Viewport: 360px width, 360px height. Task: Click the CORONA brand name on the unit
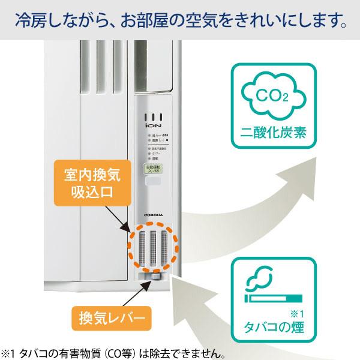pos(155,214)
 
